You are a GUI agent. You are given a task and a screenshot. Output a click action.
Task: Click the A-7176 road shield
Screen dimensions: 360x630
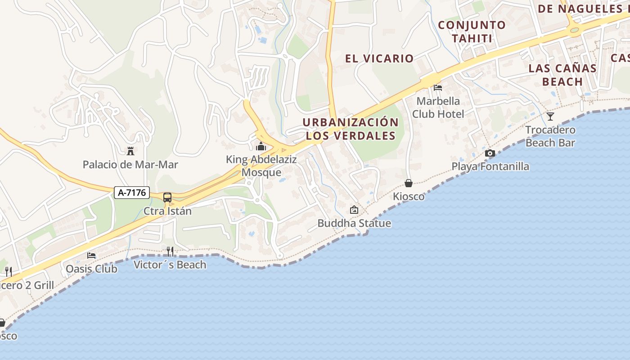(x=131, y=193)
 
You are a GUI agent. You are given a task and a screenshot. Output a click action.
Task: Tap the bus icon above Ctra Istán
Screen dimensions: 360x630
(x=167, y=197)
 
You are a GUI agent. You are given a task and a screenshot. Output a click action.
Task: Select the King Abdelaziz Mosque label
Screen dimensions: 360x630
(x=261, y=166)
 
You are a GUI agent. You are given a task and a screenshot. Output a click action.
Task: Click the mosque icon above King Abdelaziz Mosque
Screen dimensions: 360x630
(x=261, y=146)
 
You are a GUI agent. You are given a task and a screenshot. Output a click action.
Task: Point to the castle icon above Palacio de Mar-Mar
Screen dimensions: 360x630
(x=130, y=151)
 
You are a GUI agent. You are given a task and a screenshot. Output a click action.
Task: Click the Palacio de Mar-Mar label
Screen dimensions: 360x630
(x=130, y=165)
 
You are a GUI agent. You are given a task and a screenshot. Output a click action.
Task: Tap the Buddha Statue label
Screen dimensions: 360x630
(x=354, y=223)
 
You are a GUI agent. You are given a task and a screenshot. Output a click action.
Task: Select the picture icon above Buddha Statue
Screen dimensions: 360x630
(x=354, y=210)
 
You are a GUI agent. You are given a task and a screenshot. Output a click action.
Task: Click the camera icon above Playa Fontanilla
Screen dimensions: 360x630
(x=490, y=153)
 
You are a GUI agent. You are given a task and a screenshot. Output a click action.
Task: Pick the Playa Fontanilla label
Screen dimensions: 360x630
(x=490, y=166)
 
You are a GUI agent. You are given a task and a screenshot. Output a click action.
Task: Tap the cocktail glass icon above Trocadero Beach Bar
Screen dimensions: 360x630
(x=550, y=117)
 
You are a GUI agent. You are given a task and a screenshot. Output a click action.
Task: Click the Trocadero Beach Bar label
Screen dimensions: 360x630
(x=550, y=136)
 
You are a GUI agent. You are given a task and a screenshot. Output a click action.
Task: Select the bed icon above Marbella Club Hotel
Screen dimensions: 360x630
(x=438, y=87)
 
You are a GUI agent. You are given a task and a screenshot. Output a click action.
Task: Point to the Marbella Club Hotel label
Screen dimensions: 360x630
(x=438, y=107)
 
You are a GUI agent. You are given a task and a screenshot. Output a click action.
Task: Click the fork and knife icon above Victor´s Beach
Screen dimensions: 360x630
(x=170, y=251)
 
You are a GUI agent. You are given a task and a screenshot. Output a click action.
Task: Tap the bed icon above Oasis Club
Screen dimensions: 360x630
(x=91, y=255)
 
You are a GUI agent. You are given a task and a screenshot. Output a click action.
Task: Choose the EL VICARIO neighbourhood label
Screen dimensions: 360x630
(x=379, y=58)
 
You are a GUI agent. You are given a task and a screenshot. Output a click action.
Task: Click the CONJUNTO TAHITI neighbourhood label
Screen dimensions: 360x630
(x=472, y=31)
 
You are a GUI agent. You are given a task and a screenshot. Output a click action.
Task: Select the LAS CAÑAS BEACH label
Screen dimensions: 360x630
(x=562, y=75)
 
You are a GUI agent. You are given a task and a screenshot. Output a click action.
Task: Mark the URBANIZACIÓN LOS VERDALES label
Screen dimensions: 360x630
(x=351, y=129)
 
